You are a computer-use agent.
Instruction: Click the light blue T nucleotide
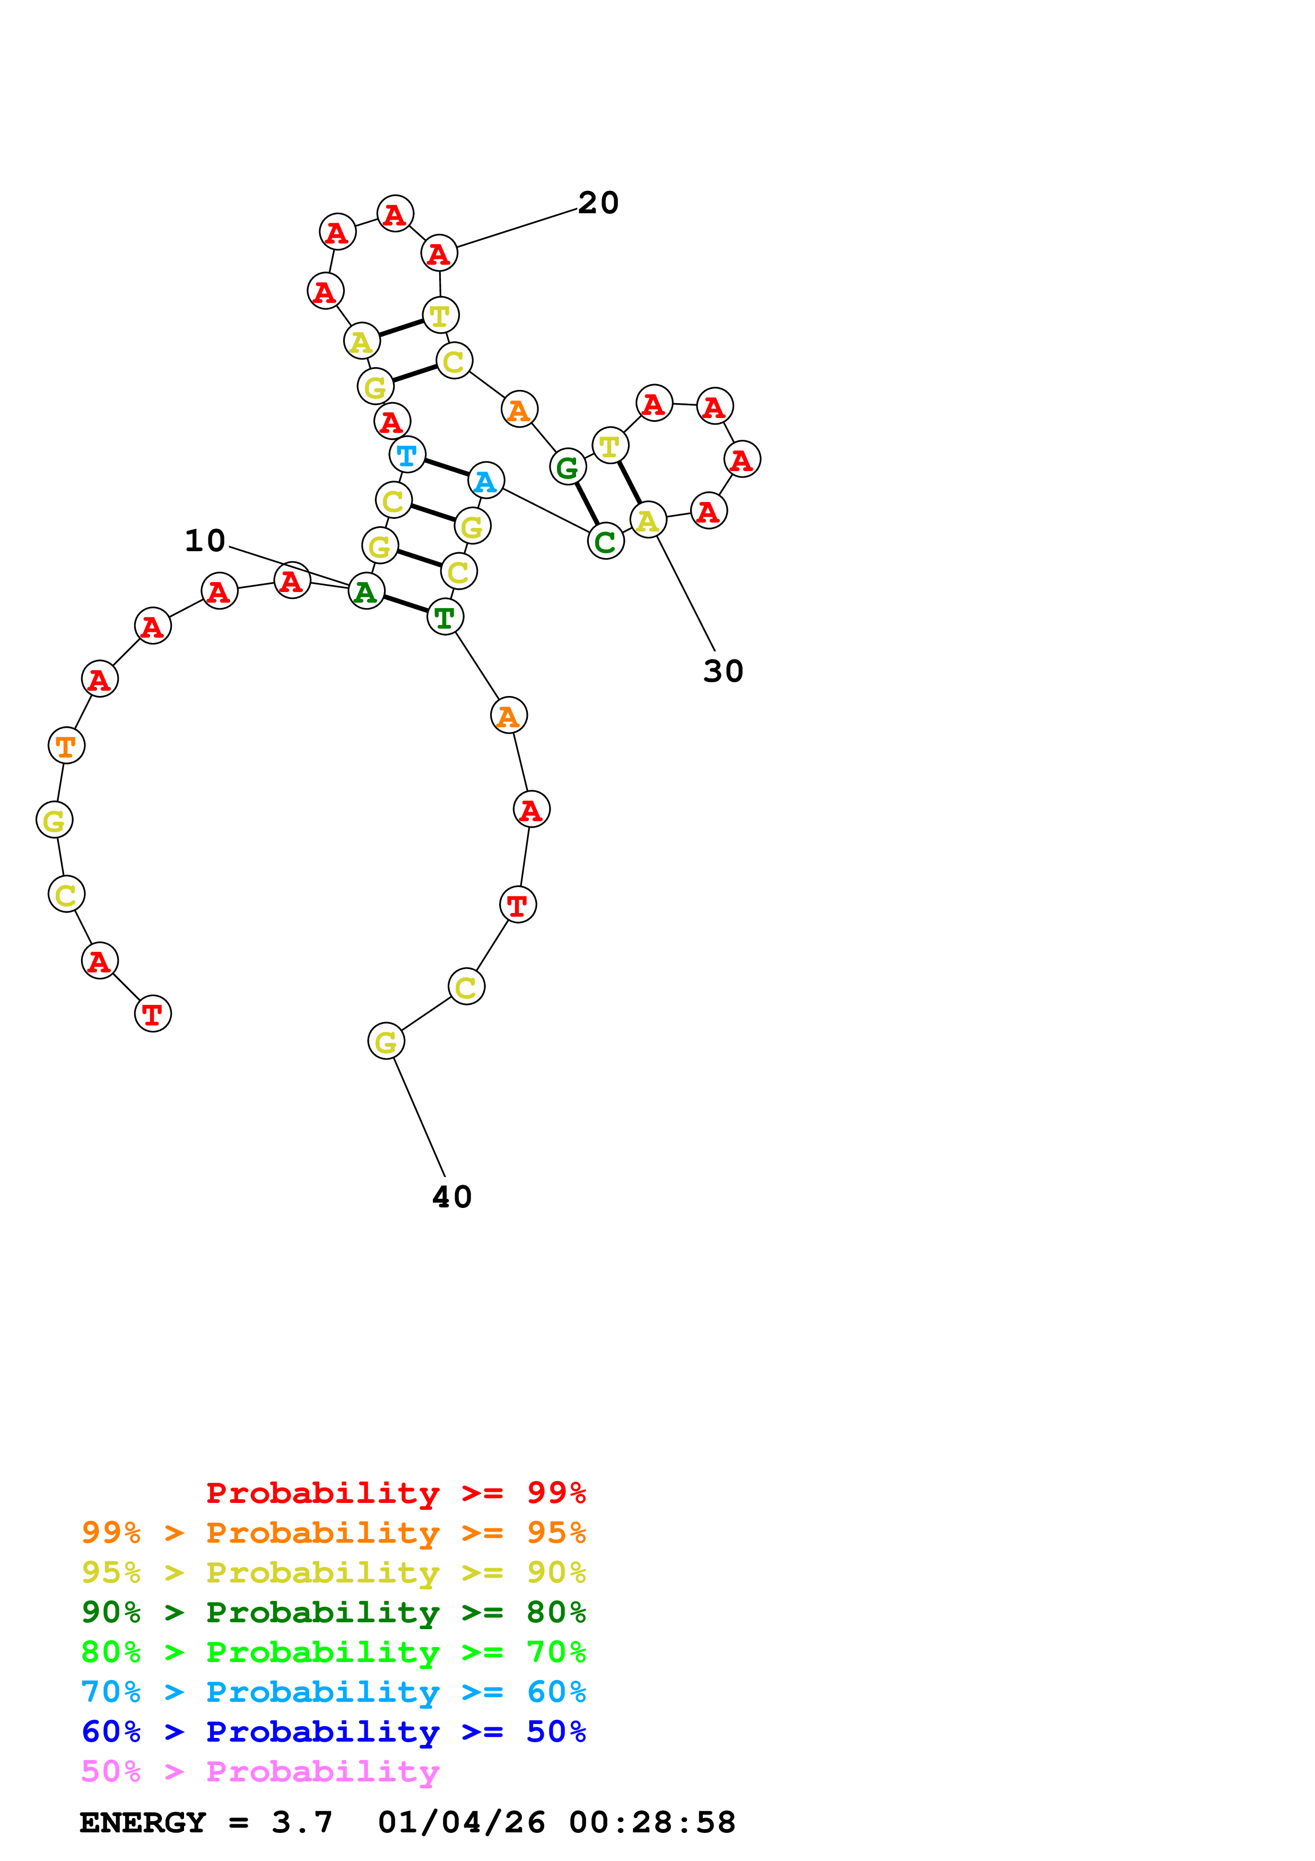tap(407, 455)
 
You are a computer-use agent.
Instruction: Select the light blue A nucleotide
tap(485, 481)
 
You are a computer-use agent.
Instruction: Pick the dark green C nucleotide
tap(605, 542)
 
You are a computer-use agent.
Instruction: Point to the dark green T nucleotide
tap(444, 617)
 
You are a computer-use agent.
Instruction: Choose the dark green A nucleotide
tap(365, 591)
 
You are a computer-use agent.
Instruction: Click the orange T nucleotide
tap(66, 745)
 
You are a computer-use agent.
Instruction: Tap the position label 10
tap(205, 541)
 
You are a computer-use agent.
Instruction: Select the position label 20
tap(598, 203)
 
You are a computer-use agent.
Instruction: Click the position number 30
tap(722, 671)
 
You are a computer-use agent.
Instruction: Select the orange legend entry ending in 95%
tap(333, 1533)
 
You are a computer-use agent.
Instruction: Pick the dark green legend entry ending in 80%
tap(333, 1612)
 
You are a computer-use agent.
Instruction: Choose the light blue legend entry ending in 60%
tap(333, 1692)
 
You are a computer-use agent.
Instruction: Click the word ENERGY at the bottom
tap(143, 1822)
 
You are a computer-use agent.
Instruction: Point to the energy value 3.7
tap(302, 1822)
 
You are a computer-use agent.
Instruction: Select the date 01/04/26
tap(461, 1822)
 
